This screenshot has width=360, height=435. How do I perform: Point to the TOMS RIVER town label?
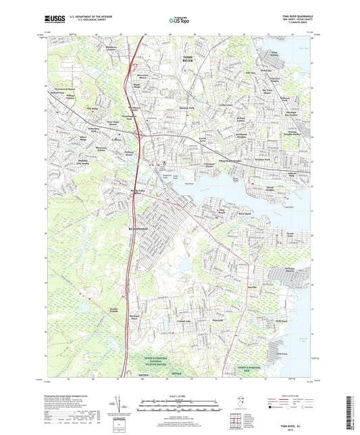pyautogui.click(x=192, y=59)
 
